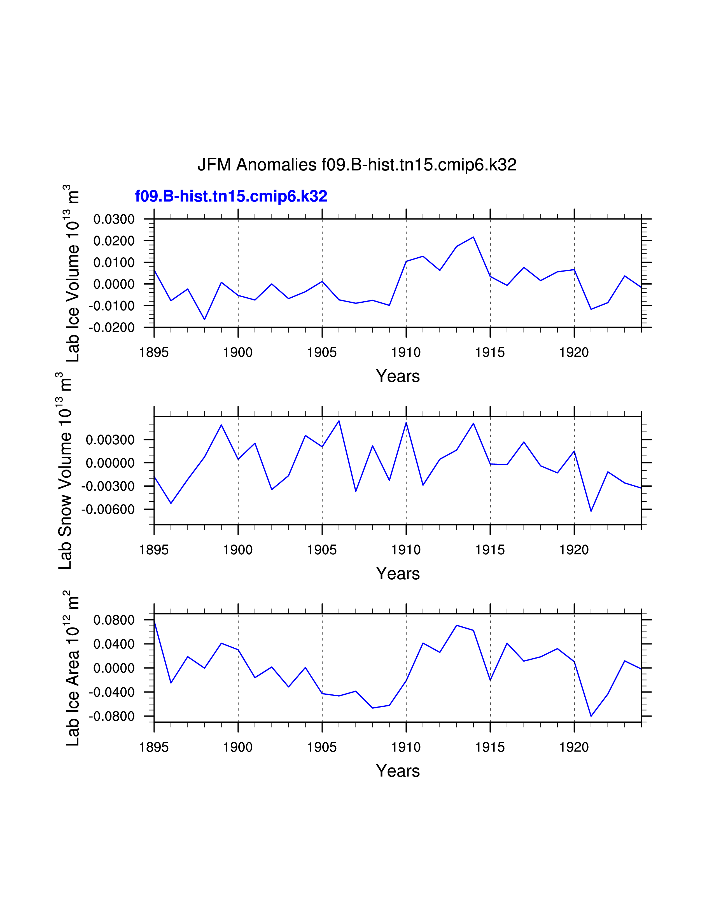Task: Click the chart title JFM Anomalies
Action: [x=356, y=165]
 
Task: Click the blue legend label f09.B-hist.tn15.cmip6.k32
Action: [x=231, y=196]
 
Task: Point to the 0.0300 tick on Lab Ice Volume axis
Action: [x=114, y=219]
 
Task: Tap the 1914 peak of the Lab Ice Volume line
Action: [x=473, y=237]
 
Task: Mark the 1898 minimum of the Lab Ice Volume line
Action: [x=205, y=319]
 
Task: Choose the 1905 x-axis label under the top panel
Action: [x=322, y=353]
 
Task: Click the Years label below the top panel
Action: [x=398, y=376]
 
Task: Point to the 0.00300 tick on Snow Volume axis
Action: [x=110, y=440]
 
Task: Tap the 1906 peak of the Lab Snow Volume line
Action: [x=339, y=421]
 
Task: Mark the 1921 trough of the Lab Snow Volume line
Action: [x=591, y=511]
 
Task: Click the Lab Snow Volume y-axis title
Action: [x=65, y=470]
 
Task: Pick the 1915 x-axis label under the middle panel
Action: [x=490, y=550]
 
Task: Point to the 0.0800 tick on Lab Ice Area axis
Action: [x=114, y=620]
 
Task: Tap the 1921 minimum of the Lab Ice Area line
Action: [x=591, y=716]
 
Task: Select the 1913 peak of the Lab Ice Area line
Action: [x=456, y=625]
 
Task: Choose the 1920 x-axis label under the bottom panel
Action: [x=574, y=748]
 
